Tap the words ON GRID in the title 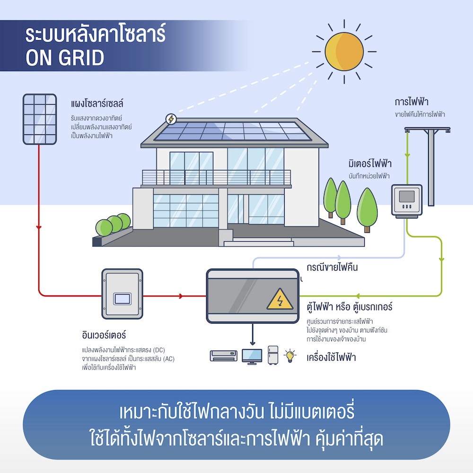(x=65, y=58)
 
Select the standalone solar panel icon (x=40, y=118)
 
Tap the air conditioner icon (x=223, y=356)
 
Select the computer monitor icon (x=252, y=356)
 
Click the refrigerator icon (x=273, y=355)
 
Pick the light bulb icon (x=289, y=355)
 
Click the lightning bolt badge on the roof (x=170, y=119)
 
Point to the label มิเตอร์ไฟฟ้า (x=369, y=164)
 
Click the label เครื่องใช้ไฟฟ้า (x=331, y=357)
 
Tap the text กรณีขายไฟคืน (x=332, y=267)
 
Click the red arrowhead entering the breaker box (x=181, y=297)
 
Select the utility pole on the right (x=430, y=166)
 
